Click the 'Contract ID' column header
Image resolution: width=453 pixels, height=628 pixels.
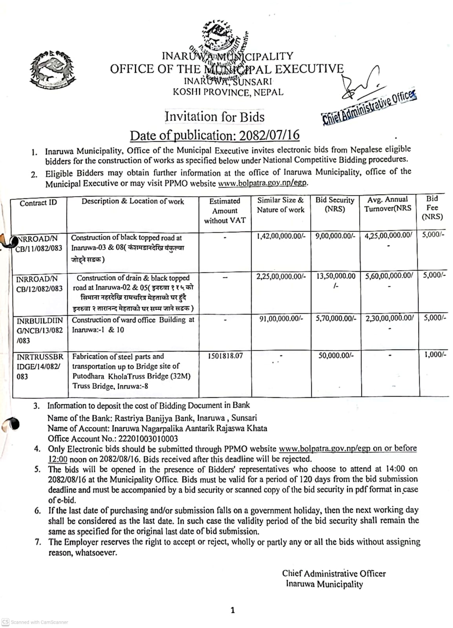click(38, 203)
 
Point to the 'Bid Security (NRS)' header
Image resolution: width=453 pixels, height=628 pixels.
click(335, 204)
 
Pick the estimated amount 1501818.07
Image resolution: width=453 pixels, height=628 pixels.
click(225, 356)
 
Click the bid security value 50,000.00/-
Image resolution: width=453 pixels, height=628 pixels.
click(336, 355)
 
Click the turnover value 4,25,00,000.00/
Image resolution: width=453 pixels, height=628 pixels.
click(388, 235)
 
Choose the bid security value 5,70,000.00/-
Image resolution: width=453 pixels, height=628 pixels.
click(336, 319)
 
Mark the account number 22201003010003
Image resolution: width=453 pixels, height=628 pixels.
click(144, 438)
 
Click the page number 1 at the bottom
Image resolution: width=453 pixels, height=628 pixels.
click(233, 610)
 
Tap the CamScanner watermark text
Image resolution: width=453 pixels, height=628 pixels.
click(39, 622)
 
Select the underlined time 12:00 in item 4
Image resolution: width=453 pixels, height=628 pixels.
click(58, 459)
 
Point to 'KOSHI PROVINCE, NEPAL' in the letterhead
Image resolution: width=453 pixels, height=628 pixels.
click(228, 93)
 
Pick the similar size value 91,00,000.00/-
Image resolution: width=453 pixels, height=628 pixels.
click(281, 319)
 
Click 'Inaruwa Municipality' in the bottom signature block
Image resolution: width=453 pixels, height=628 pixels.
click(324, 584)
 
